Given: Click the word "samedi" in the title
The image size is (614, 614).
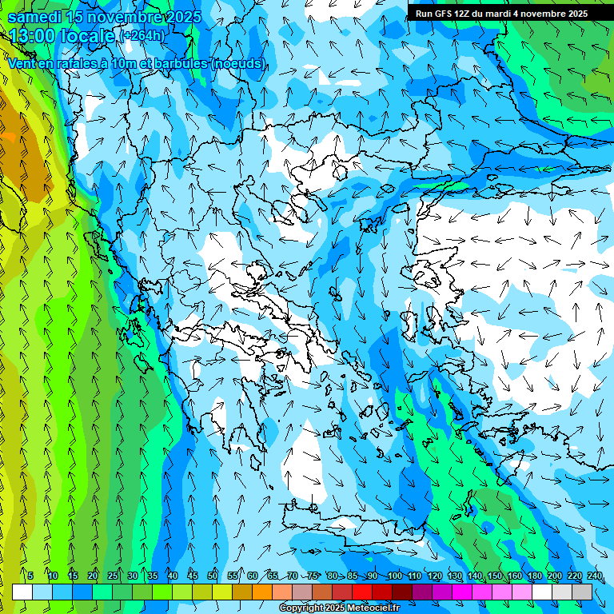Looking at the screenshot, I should click(x=36, y=17).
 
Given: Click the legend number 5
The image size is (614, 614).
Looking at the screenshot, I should click(x=30, y=576).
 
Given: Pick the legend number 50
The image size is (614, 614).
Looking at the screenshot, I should click(x=213, y=576).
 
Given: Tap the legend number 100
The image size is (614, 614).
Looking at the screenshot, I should click(x=394, y=576).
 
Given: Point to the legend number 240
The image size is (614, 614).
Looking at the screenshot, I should click(x=595, y=576).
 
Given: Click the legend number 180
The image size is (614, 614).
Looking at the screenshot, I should click(x=535, y=576).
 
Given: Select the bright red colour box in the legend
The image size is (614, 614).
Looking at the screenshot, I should click(x=362, y=592).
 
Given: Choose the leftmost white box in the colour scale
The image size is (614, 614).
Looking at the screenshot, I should click(x=22, y=592).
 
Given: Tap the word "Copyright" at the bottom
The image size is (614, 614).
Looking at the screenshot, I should click(x=301, y=608).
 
